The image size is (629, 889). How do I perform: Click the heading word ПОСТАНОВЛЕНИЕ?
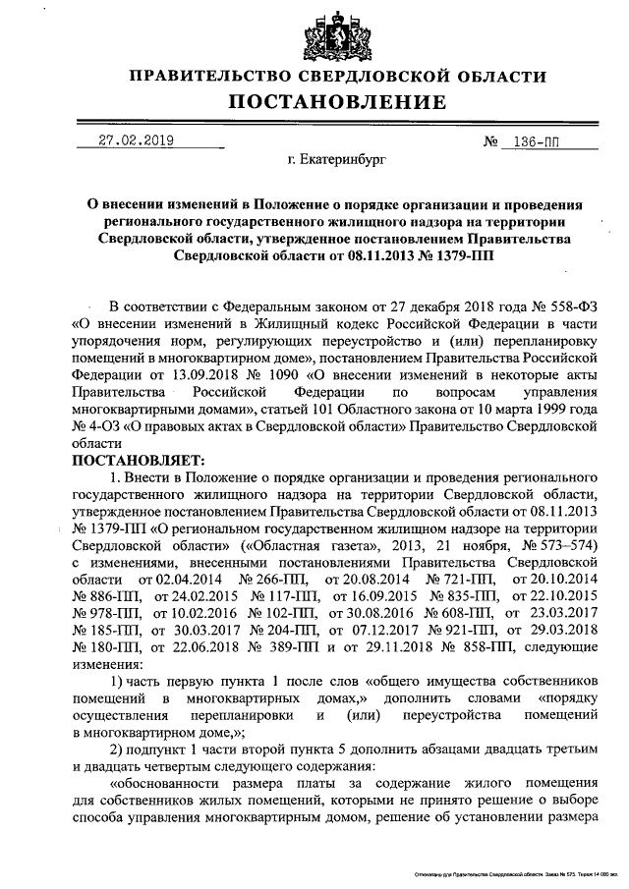338,102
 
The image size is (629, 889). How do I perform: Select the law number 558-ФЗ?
563,304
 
